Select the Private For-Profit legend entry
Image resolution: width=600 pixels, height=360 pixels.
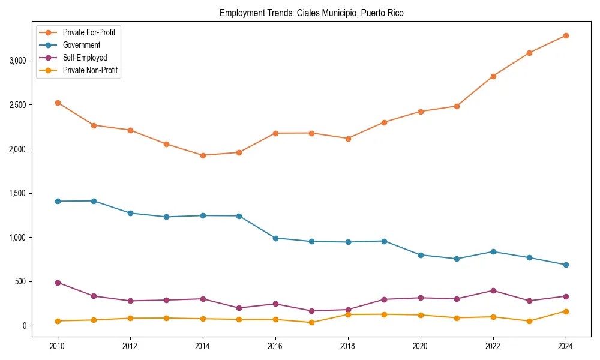coord(89,32)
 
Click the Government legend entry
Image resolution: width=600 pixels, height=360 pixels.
coord(81,45)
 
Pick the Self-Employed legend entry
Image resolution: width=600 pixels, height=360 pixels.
coord(85,58)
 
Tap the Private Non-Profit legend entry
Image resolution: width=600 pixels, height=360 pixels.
coord(90,70)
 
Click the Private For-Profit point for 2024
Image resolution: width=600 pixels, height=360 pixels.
coord(566,35)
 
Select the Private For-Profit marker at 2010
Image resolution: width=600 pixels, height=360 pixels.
coord(58,103)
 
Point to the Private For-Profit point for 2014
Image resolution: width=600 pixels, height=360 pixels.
coord(203,155)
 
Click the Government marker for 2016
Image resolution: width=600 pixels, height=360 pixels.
coord(275,238)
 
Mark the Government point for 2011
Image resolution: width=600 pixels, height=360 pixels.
coord(94,201)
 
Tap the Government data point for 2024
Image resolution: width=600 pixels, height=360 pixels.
coord(566,265)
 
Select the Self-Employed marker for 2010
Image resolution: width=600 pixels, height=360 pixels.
coord(58,283)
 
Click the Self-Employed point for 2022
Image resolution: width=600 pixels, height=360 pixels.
coord(493,290)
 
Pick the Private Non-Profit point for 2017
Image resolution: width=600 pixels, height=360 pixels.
coord(311,322)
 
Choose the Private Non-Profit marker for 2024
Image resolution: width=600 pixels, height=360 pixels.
coord(566,311)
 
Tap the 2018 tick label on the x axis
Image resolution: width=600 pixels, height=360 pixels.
coord(348,346)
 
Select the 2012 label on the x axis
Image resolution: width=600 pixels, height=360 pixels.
coord(130,346)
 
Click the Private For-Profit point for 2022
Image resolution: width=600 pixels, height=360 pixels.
coord(493,76)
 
